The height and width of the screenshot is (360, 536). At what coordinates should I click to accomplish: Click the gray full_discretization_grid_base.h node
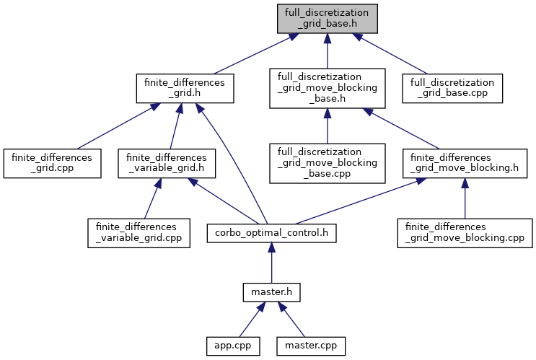[x=326, y=17]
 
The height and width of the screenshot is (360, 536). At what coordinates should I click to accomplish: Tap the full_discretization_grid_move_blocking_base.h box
[x=327, y=89]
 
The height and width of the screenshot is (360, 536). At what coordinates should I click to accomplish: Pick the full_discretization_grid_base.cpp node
[x=452, y=89]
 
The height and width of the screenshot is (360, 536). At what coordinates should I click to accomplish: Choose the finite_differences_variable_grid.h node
[x=167, y=164]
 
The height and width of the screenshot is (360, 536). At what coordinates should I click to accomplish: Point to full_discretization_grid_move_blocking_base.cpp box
[x=327, y=164]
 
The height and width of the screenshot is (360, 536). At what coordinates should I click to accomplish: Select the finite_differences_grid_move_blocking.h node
[x=465, y=164]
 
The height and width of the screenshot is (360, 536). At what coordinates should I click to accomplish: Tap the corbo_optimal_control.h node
[x=271, y=233]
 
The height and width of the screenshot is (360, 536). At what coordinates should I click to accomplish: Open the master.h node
[x=271, y=293]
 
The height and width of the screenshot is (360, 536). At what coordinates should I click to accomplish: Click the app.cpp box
[x=228, y=346]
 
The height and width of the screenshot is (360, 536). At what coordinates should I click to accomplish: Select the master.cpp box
[x=310, y=346]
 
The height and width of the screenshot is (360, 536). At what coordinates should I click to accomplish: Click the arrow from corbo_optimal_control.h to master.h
[x=271, y=264]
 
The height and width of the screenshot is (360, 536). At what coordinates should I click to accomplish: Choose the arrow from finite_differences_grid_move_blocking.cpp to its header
[x=465, y=198]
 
